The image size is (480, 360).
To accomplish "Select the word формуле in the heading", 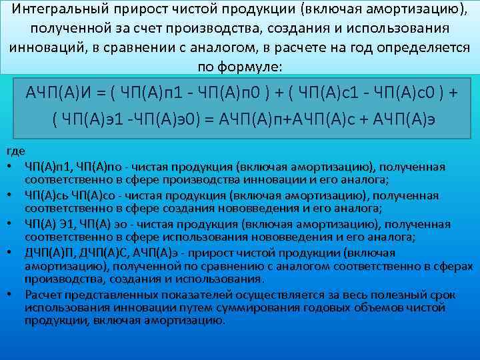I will click(253, 68).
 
